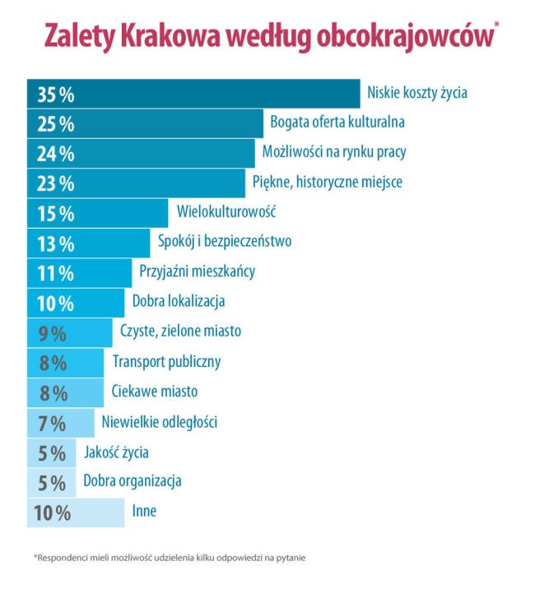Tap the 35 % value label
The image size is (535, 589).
tap(56, 95)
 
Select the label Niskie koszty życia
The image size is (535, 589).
tap(417, 93)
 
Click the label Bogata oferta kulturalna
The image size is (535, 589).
tap(337, 123)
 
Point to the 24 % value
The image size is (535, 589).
tap(56, 154)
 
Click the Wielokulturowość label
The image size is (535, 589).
tap(226, 211)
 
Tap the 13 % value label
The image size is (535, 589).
tap(56, 243)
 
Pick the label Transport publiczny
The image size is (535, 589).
tap(166, 361)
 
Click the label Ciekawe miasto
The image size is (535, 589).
tap(154, 391)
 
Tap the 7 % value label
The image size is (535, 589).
tap(52, 424)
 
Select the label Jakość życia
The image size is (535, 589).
tap(116, 452)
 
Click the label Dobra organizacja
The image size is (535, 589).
tap(133, 480)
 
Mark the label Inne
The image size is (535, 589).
tap(144, 511)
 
